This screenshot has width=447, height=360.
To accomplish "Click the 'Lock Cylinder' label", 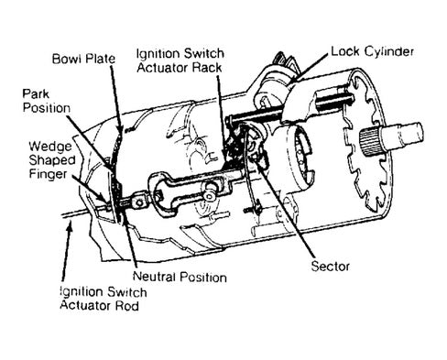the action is click(x=372, y=52).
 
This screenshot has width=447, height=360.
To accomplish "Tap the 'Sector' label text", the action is click(x=330, y=267).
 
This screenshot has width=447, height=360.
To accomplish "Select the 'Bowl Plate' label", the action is click(x=83, y=59).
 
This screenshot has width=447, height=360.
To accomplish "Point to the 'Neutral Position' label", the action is click(x=180, y=277).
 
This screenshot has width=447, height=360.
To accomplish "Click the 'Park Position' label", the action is click(x=47, y=101).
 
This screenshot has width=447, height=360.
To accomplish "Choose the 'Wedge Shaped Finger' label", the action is click(x=52, y=159).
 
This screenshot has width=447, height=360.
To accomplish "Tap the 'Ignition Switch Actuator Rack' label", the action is click(x=180, y=60).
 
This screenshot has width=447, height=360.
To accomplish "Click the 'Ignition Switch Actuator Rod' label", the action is click(x=104, y=299).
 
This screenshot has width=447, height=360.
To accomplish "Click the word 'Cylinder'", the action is click(x=389, y=52).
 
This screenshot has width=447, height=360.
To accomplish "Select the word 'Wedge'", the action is click(x=50, y=147).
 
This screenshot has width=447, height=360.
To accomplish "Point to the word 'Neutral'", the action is click(x=155, y=277).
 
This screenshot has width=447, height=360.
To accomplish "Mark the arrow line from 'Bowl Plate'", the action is click(x=116, y=98).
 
